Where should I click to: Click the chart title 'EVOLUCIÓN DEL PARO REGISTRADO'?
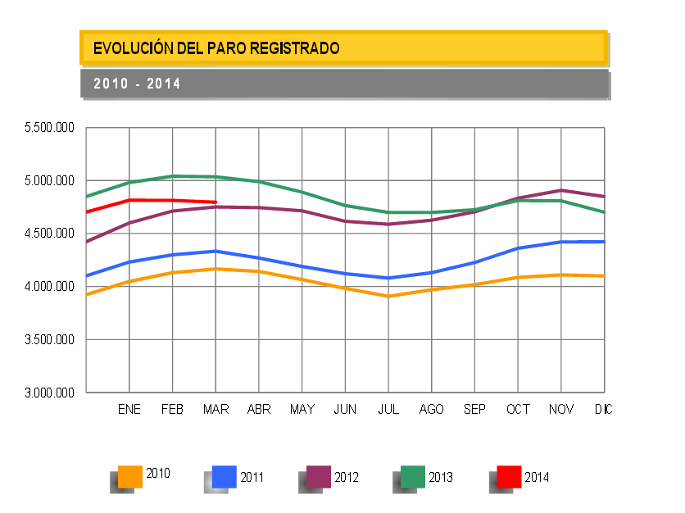coord(216,48)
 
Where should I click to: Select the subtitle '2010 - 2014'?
coord(137,84)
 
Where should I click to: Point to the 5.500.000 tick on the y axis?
coord(50,128)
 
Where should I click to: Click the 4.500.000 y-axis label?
coord(50,234)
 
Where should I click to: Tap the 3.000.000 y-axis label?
coord(50,393)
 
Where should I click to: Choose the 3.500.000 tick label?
coord(50,339)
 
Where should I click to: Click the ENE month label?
coord(129,409)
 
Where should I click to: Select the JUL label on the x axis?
coord(388,409)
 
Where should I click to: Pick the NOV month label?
coord(561,409)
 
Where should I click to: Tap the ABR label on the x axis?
coord(259,409)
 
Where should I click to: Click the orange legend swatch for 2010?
coord(130,476)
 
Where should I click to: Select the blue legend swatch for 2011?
coord(225,476)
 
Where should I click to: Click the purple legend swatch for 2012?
coord(319,476)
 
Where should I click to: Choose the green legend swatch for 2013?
coord(413,476)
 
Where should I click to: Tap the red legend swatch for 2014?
coord(509,476)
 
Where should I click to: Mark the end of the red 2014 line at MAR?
coord(215,202)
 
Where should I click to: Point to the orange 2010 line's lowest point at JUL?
coord(388,296)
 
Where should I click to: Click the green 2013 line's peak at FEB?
coord(173,176)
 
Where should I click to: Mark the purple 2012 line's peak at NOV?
coord(561,190)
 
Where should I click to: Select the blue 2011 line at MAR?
coord(215,251)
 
